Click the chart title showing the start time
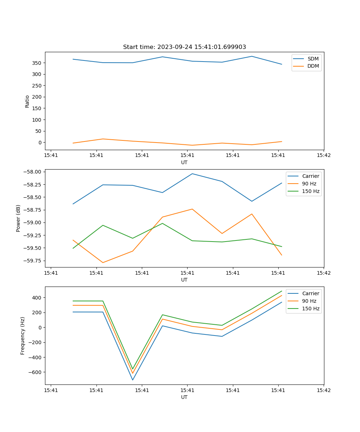(x=184, y=47)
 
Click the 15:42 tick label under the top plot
(x=323, y=156)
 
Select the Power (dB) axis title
(x=18, y=218)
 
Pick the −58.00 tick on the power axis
(x=32, y=172)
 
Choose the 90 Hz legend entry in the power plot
(x=309, y=184)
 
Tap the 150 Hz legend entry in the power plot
(x=310, y=191)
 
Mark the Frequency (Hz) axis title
(x=23, y=336)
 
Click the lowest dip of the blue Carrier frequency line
(x=132, y=380)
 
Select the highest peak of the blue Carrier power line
(x=192, y=174)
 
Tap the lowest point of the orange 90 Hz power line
(x=103, y=262)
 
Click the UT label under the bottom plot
(x=184, y=397)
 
